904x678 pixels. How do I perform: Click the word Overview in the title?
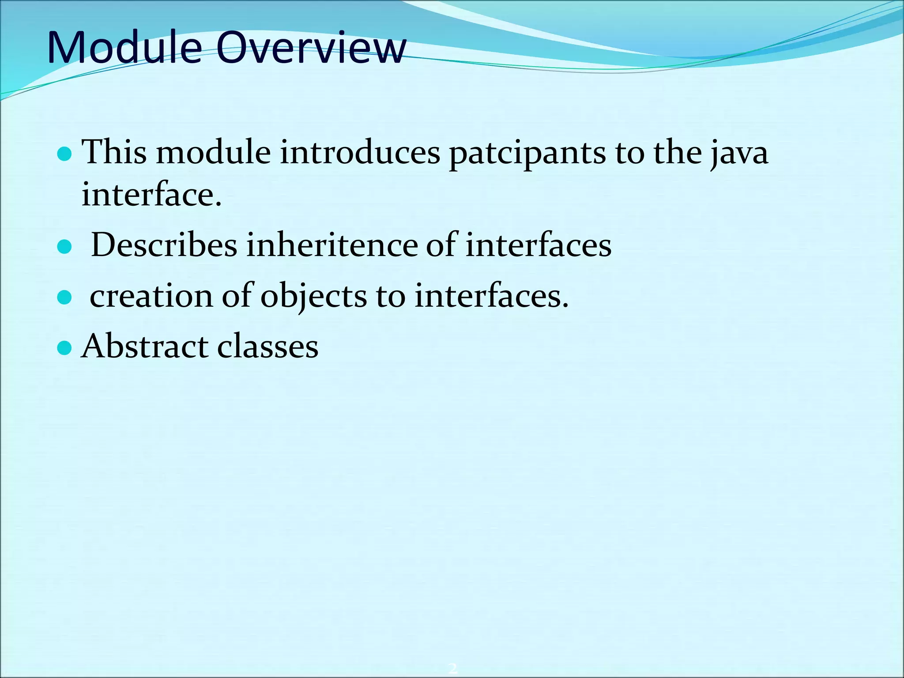[311, 48]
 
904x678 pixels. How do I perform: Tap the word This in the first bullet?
[114, 152]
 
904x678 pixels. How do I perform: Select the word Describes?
[164, 245]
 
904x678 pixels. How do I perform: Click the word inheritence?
[331, 245]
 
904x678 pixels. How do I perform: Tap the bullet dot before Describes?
[64, 247]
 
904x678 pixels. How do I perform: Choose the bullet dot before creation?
[64, 298]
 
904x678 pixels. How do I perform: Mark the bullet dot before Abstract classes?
[64, 348]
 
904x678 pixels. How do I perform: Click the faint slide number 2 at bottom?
[452, 668]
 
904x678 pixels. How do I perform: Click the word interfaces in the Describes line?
[539, 245]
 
